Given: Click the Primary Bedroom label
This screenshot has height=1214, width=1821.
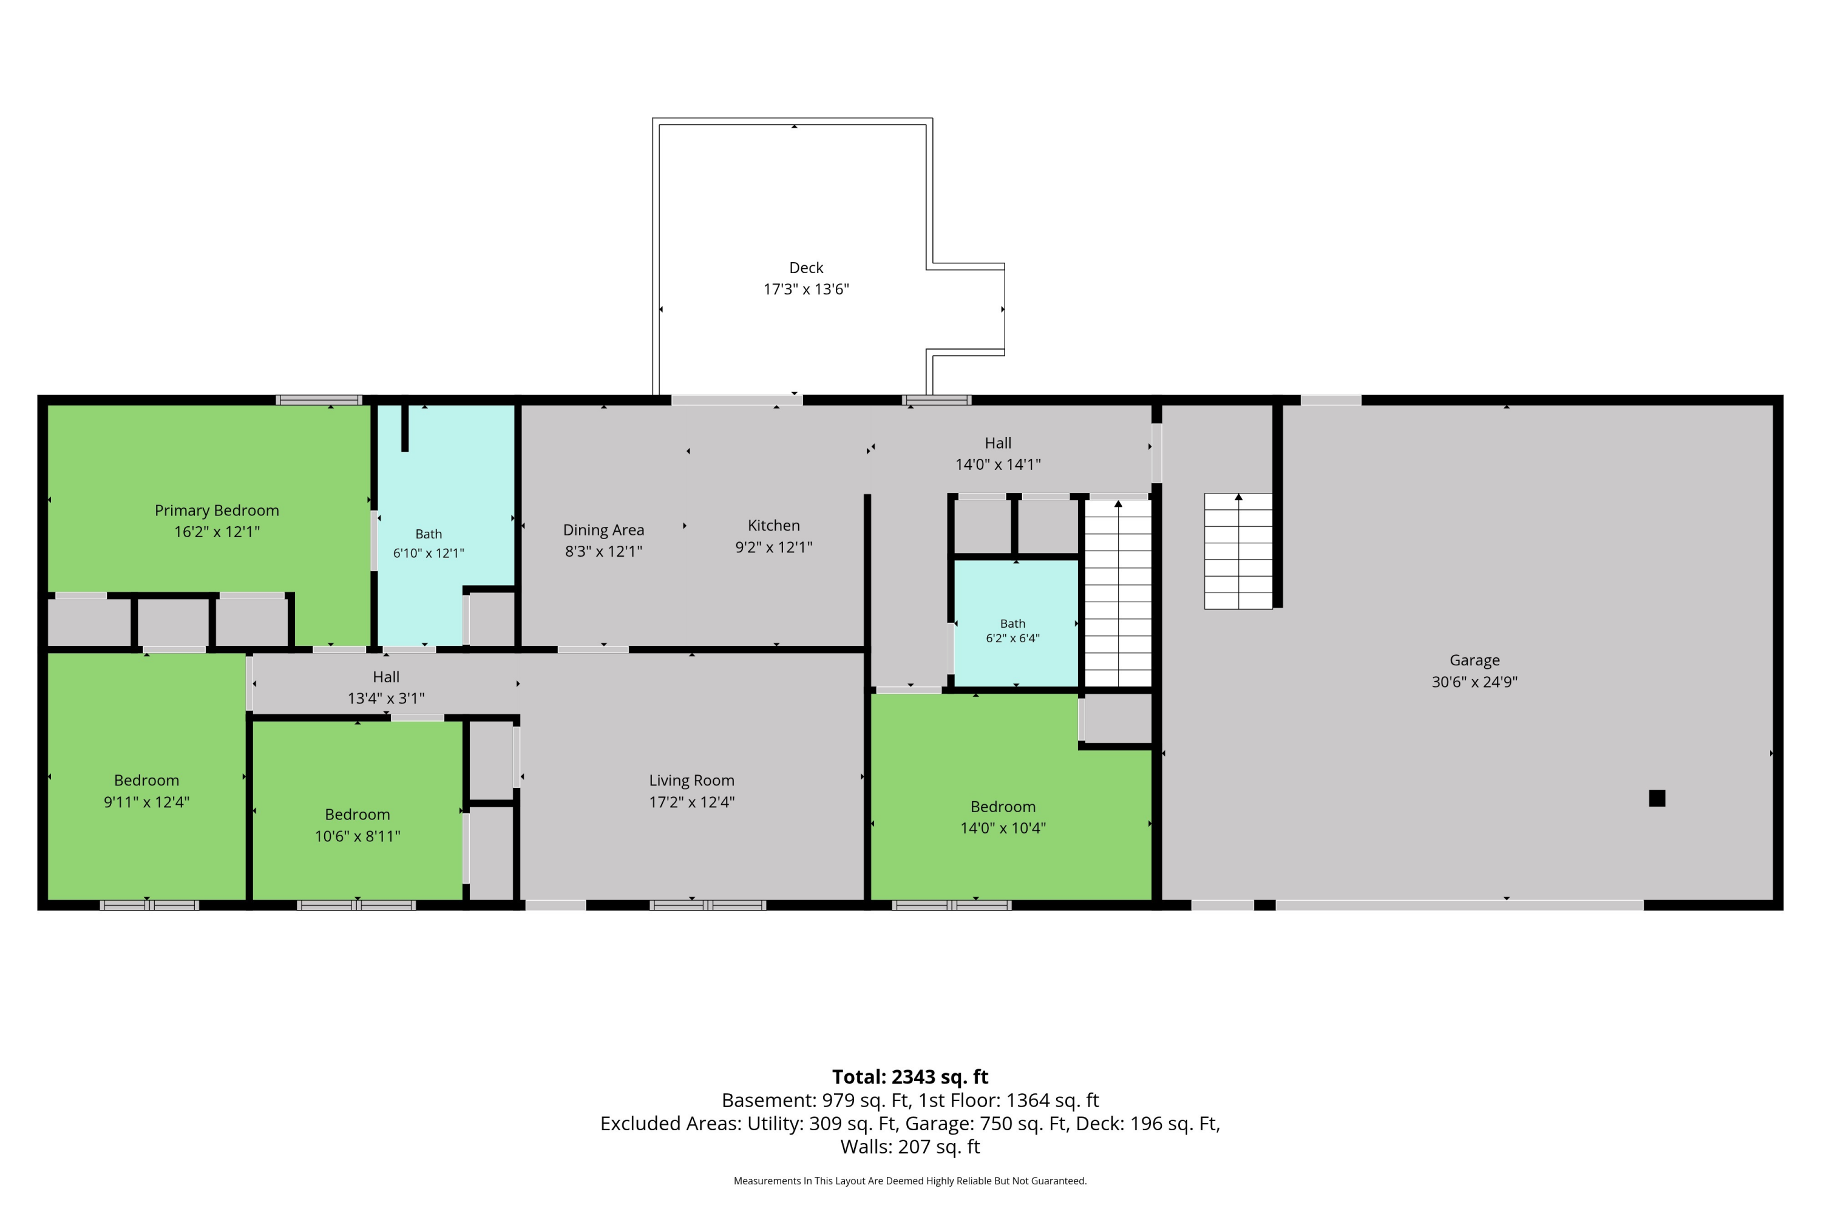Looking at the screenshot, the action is (x=217, y=510).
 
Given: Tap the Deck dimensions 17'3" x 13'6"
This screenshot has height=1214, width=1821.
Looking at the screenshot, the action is (x=806, y=290).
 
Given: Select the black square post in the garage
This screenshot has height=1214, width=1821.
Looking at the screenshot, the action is (x=1657, y=798).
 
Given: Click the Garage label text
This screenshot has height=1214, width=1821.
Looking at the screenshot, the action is (x=1474, y=660).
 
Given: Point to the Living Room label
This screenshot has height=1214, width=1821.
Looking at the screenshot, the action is (x=691, y=781).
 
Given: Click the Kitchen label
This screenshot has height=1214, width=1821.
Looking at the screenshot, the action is (x=773, y=526).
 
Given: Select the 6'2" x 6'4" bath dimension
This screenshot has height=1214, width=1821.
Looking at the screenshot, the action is (x=1012, y=639).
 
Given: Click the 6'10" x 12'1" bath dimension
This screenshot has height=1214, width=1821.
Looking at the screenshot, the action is (x=428, y=554).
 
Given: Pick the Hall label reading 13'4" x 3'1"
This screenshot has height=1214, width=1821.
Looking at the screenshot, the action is (x=385, y=699).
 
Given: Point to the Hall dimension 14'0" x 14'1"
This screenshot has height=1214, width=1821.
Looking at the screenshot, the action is (x=998, y=464).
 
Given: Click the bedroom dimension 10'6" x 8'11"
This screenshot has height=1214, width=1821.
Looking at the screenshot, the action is (x=357, y=836).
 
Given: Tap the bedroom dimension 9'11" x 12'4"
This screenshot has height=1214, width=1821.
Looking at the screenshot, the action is (x=146, y=802).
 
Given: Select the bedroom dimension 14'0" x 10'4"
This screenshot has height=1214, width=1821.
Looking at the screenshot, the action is (x=1003, y=829).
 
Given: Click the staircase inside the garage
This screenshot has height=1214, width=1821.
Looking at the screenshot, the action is (x=1238, y=551).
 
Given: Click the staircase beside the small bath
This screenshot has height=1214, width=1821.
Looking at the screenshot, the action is (x=1118, y=593).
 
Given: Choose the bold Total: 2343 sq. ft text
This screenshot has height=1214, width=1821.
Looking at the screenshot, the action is (x=910, y=1077).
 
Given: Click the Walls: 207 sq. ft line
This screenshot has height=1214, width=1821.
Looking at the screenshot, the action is (x=910, y=1147).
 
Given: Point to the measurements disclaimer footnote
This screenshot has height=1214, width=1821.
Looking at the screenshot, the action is (x=910, y=1181).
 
